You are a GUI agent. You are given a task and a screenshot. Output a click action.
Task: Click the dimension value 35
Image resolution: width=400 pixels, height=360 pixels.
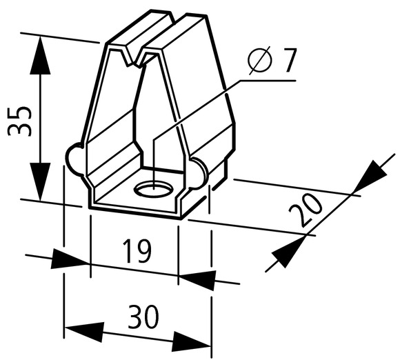tap(20, 121)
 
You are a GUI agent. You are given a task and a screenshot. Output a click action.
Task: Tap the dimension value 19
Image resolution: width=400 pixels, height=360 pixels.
tap(137, 251)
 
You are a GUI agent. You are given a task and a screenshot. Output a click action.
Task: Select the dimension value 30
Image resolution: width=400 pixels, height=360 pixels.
tap(143, 317)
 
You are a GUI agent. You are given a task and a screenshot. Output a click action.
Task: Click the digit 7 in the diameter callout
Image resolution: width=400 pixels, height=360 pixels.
tap(288, 61)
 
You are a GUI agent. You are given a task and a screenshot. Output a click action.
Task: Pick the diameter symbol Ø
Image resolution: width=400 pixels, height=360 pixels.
tap(259, 60)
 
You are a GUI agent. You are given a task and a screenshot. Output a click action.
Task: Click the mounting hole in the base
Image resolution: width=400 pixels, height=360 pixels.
tap(154, 190)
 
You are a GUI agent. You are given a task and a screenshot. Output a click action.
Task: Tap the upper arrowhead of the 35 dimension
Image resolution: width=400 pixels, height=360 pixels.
tap(40, 55)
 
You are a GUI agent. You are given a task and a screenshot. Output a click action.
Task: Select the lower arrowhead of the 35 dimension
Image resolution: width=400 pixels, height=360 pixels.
tap(40, 181)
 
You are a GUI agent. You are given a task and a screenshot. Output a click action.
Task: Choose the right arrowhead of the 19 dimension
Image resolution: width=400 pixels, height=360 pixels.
tap(197, 280)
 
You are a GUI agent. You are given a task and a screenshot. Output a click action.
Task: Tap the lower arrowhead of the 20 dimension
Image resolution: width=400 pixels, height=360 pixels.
tap(289, 252)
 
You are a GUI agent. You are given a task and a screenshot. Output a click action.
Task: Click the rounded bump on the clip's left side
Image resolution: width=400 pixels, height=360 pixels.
tap(74, 159)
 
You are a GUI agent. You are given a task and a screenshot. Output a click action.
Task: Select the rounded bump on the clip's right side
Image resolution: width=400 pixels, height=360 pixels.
tap(199, 174)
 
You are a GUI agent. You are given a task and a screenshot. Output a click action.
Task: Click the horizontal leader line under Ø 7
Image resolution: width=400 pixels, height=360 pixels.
tap(268, 81)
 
